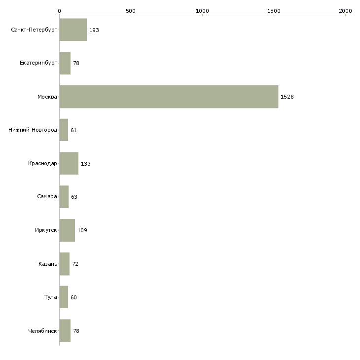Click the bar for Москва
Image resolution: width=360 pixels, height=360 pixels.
click(x=169, y=97)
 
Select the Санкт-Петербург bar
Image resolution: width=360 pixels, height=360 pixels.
click(x=73, y=30)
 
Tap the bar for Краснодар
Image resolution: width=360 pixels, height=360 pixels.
click(x=69, y=163)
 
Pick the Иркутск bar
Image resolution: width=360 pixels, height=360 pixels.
click(x=67, y=230)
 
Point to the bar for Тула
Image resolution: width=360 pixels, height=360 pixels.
click(x=64, y=297)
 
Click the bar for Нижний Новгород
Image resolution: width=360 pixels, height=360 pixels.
click(x=64, y=130)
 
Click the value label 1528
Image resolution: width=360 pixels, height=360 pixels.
click(x=287, y=97)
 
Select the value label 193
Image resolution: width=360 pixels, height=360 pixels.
click(x=94, y=30)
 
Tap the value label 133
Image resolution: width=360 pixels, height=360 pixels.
click(x=86, y=164)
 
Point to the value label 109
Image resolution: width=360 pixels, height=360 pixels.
click(x=82, y=230)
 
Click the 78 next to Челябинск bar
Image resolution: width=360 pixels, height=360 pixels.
click(x=76, y=331)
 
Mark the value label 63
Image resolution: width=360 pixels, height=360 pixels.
click(x=74, y=197)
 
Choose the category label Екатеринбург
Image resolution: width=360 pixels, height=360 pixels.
click(x=38, y=63)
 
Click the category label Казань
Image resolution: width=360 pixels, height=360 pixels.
click(x=48, y=264)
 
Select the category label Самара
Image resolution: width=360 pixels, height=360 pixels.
click(x=47, y=197)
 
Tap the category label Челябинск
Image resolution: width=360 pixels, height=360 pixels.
click(x=42, y=331)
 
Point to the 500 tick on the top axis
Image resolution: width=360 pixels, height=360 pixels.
click(x=131, y=11)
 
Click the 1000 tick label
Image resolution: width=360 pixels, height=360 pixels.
click(x=202, y=11)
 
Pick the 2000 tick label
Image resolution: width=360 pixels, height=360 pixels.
click(x=345, y=11)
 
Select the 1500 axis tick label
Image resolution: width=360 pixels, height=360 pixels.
click(x=274, y=11)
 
